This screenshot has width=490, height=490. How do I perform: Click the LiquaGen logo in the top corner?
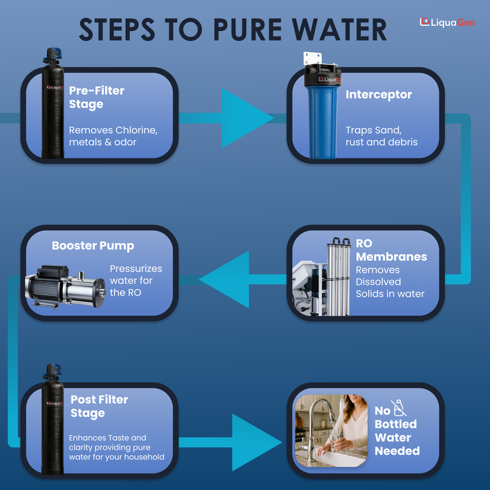pyautogui.click(x=447, y=22)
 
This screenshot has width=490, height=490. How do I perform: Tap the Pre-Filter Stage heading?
pyautogui.click(x=97, y=97)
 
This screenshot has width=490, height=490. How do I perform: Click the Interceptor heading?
pyautogui.click(x=379, y=95)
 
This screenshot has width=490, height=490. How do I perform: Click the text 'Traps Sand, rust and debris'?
pyautogui.click(x=381, y=136)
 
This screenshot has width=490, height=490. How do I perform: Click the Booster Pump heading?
pyautogui.click(x=93, y=246)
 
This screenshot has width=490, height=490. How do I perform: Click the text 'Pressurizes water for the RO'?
pyautogui.click(x=136, y=280)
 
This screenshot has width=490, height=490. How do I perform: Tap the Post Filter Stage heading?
pyautogui.click(x=99, y=406)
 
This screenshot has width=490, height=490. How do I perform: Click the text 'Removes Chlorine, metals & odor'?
pyautogui.click(x=113, y=136)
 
